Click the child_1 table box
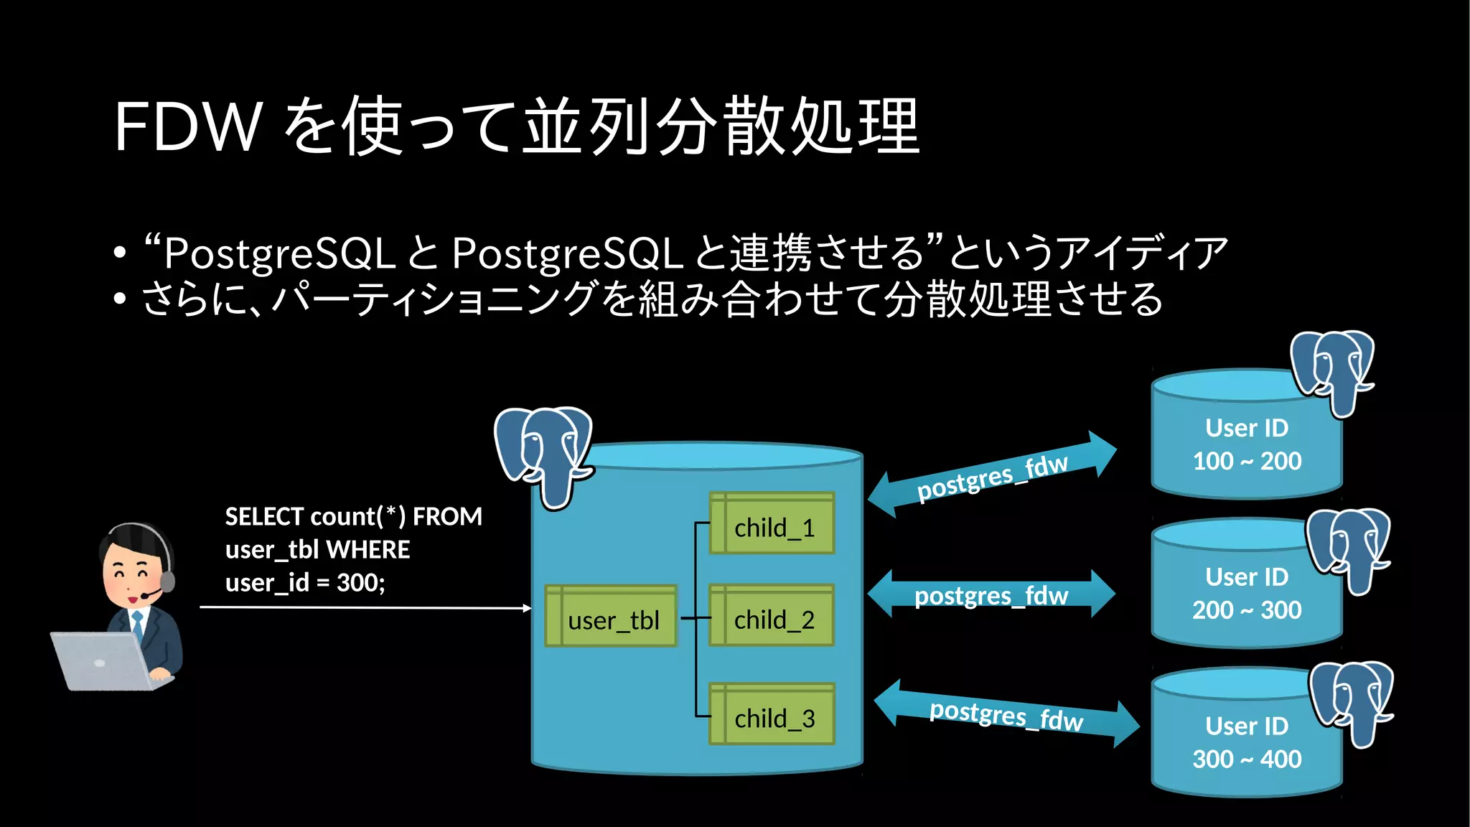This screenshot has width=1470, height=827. pos(772,523)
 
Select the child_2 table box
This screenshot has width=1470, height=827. pos(772,616)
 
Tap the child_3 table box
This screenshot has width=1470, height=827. pos(772,714)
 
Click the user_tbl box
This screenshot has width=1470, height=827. pos(611,617)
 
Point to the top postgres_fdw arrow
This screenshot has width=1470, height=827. pos(992,475)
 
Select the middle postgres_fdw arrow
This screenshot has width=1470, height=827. pos(991,594)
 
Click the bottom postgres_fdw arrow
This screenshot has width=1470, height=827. pos(1006,714)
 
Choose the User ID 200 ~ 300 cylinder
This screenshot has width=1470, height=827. pos(1246,593)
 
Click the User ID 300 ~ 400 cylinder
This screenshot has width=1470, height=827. pos(1246,742)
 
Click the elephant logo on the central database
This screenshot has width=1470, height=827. pos(544,452)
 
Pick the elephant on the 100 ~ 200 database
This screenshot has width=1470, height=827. pos(1333,370)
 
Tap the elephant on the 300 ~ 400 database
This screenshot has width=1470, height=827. pos(1352,701)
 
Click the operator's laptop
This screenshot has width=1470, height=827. pos(104,660)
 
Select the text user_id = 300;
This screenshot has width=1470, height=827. pos(305,582)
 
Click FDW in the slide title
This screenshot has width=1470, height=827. pos(188,127)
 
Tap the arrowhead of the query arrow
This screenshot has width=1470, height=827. pos(528,608)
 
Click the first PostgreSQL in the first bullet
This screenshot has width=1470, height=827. pos(280,253)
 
